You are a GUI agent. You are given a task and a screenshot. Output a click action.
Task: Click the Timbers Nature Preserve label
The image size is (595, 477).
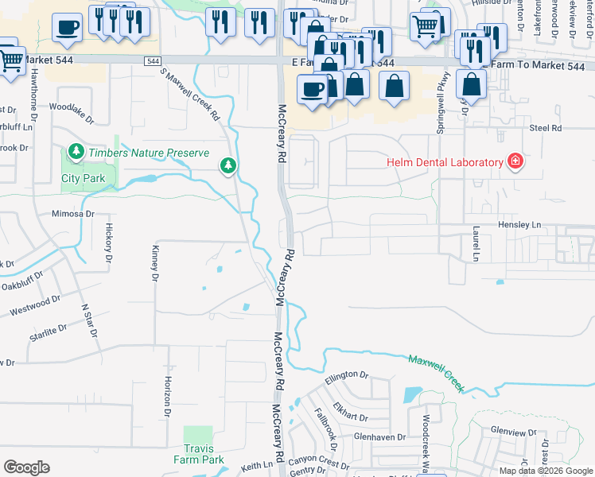click(149, 153)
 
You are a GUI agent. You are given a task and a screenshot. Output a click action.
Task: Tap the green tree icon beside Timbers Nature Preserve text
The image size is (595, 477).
click(76, 151)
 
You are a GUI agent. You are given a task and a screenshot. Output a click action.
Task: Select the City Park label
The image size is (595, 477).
click(83, 178)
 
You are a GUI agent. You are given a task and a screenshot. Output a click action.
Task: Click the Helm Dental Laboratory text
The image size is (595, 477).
click(445, 162)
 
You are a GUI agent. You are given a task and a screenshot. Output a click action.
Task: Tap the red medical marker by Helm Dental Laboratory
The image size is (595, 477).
click(515, 162)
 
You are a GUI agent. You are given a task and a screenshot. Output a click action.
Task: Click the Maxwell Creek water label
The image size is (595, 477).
click(436, 371)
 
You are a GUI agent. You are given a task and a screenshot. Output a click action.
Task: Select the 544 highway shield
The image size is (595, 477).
click(153, 61)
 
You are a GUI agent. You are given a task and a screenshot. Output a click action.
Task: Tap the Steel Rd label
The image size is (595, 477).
click(545, 127)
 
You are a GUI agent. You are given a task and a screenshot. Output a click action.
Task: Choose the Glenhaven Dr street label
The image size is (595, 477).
click(380, 436)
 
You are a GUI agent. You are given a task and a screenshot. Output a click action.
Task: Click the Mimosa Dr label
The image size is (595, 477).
click(72, 214)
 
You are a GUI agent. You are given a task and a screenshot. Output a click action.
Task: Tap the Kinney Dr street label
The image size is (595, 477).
click(155, 262)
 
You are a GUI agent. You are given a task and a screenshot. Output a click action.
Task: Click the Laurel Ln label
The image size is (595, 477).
click(476, 244)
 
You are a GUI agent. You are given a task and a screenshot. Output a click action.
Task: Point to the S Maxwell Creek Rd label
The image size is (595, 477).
click(190, 94)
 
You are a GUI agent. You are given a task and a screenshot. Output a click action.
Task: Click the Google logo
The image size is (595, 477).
click(26, 467)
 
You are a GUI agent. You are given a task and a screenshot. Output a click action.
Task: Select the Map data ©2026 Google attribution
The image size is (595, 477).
click(545, 471)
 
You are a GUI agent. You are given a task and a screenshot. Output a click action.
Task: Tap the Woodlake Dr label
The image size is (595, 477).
click(71, 107)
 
